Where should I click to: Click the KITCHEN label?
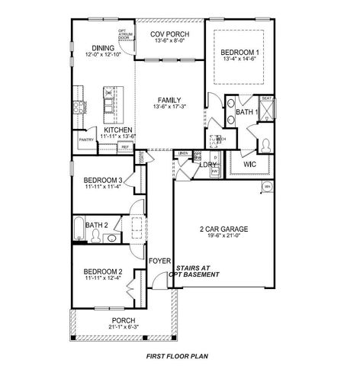pos(118,130)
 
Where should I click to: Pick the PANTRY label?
pos(85,140)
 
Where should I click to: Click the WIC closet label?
pos(249,164)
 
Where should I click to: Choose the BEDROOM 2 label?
pos(103,271)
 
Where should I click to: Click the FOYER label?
pos(159,260)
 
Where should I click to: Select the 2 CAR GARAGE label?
pos(221,228)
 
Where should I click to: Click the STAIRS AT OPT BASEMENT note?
pos(198,271)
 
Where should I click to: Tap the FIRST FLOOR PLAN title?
pos(179,356)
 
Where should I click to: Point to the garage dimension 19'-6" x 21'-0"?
pos(221,236)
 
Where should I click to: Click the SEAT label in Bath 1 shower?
pos(267,98)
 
